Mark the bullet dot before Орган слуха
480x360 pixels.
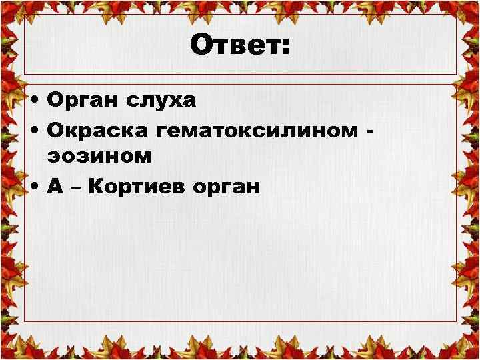point(34,102)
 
